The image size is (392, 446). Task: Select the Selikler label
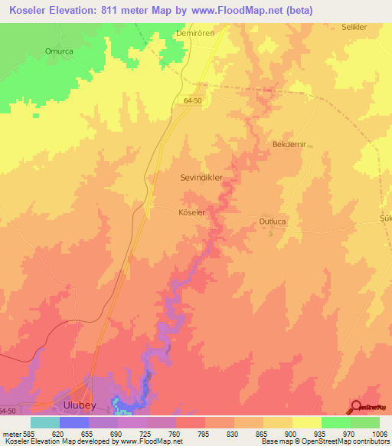(357, 27)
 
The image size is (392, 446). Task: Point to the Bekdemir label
(289, 143)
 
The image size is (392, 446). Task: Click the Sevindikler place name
(201, 177)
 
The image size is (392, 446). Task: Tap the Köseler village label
(191, 212)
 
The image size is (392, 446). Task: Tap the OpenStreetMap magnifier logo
(356, 407)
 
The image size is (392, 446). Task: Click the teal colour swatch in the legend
(44, 422)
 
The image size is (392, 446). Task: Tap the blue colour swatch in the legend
(73, 422)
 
